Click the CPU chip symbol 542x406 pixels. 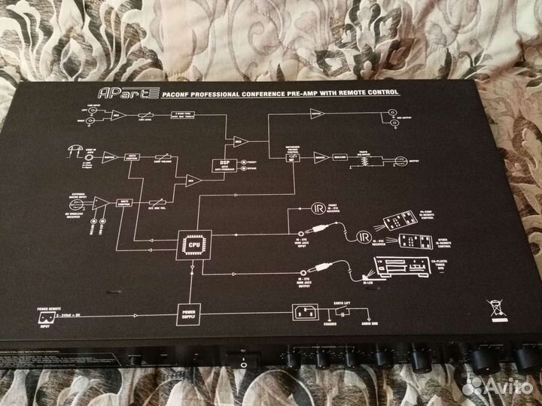click(x=193, y=242)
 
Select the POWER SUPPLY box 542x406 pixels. click(x=188, y=311)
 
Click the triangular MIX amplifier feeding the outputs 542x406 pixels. click(x=239, y=141)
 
